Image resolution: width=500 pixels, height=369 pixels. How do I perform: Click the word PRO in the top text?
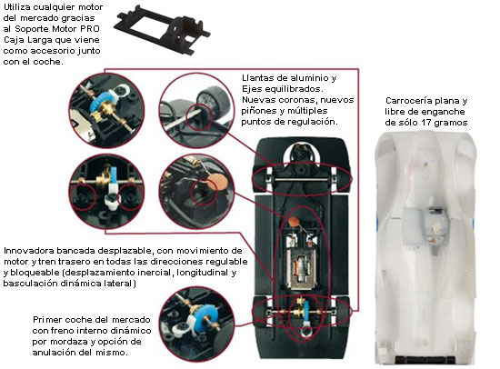pos(90,29)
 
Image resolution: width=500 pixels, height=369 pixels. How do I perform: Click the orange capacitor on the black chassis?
pos(293,220)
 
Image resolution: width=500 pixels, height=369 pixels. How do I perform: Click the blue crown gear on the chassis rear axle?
pos(306,311)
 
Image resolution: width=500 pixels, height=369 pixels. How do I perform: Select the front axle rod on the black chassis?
pos(301,179)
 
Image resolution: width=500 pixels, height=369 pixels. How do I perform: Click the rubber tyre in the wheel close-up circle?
pos(214,101)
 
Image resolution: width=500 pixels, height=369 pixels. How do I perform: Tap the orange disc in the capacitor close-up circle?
pos(217,182)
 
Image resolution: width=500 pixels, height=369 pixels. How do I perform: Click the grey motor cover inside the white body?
pos(426,227)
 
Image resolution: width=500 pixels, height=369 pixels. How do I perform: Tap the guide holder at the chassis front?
pos(301,156)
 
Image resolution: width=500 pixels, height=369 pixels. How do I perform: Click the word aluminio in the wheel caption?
pos(310,77)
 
